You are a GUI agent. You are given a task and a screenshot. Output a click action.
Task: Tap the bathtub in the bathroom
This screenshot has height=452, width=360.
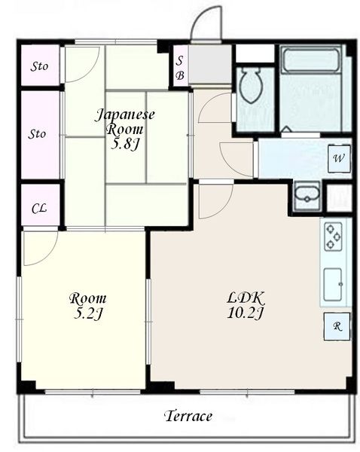(311, 60)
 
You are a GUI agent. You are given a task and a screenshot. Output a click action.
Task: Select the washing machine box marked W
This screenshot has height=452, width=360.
(339, 158)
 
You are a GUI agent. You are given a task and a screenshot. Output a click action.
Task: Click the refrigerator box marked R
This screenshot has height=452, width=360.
(337, 326)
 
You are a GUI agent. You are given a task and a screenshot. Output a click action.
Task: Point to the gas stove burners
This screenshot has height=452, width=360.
(333, 237)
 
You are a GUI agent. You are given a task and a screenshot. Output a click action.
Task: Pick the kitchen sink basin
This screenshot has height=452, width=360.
(333, 284)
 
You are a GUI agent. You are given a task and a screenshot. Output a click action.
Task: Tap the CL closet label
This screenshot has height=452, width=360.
(39, 209)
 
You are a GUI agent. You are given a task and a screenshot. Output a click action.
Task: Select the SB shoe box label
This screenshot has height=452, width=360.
(180, 69)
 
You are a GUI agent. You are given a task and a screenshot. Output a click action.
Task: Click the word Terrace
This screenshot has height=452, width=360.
(188, 416)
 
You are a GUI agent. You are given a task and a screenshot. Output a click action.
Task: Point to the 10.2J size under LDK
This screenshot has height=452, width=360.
(246, 313)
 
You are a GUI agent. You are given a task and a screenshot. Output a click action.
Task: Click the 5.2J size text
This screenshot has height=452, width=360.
(88, 313)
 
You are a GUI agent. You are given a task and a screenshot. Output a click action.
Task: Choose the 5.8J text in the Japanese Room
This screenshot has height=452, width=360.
(125, 144)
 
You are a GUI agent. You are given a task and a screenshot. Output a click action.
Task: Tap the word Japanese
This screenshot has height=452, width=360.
(125, 115)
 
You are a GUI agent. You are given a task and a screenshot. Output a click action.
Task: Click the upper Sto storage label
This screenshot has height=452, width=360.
(39, 66)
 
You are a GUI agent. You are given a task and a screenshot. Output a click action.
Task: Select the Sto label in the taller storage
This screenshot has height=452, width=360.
(37, 134)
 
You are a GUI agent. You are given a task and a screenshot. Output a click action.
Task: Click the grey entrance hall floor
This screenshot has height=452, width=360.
(210, 64)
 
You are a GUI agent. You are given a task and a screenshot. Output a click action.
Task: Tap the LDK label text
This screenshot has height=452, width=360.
(246, 298)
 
